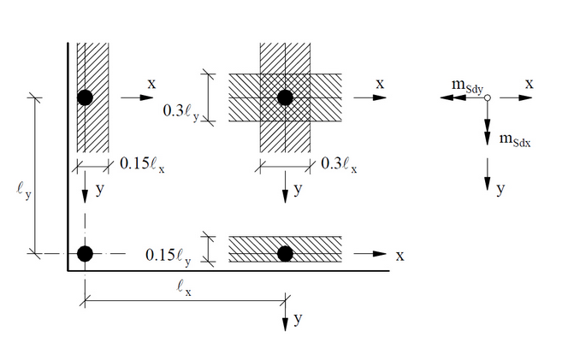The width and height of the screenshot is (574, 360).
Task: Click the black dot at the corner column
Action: pos(84,253)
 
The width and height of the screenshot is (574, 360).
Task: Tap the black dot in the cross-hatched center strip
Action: pos(285,97)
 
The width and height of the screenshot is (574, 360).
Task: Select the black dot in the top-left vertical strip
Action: pos(84,97)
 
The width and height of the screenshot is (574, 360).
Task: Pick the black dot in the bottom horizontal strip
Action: pos(285,253)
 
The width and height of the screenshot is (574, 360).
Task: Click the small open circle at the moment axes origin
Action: pos(486,98)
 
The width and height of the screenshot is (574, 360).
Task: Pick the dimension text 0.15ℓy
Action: pos(169,254)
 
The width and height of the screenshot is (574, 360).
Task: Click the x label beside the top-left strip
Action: pos(151,84)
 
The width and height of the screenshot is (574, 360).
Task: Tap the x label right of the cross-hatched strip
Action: pos(380,83)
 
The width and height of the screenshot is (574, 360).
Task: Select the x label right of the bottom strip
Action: pos(399,255)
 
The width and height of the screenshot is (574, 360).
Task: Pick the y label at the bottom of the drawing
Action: pos(298,320)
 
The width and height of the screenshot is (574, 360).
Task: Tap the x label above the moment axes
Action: pos(530,83)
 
